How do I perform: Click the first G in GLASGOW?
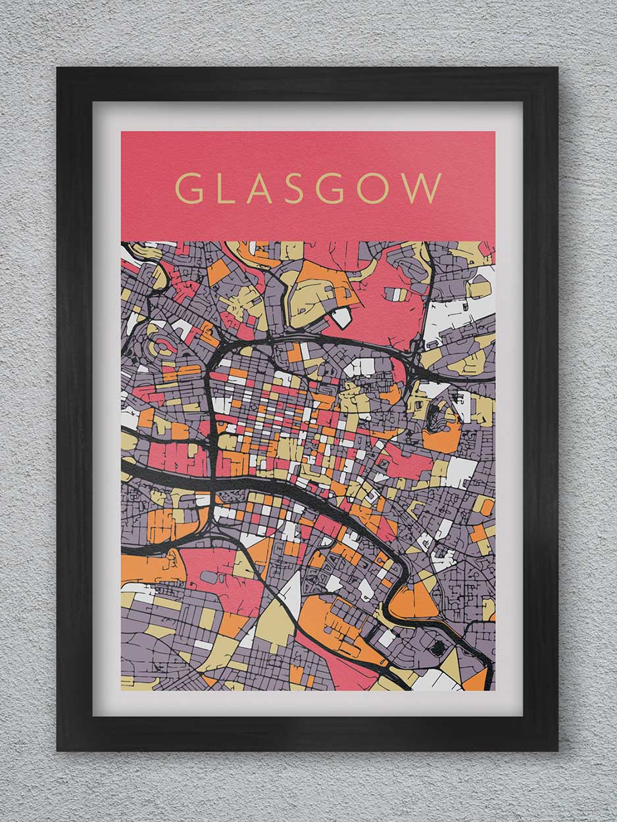point(189,188)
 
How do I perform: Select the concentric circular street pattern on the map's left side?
point(160,347)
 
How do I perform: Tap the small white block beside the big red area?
point(341,318)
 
